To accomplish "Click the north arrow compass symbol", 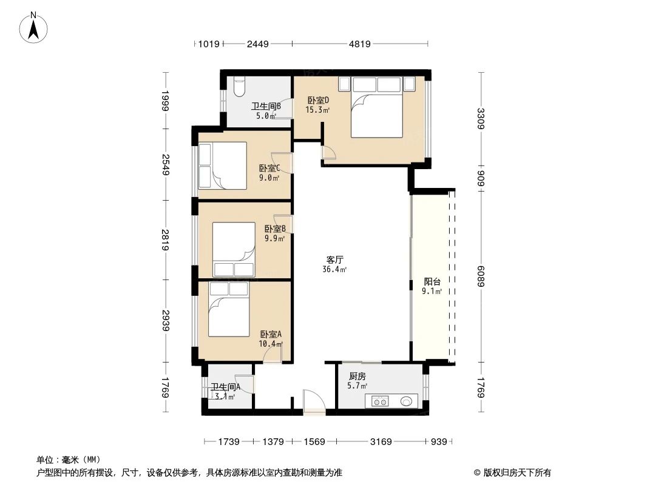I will click(x=35, y=27).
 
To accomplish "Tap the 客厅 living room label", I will click(x=334, y=259).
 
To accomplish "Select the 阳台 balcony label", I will click(x=432, y=281).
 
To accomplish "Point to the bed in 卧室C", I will click(x=222, y=166).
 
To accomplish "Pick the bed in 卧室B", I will click(x=234, y=249).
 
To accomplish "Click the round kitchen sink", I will click(x=407, y=401).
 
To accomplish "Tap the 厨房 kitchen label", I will click(x=357, y=376).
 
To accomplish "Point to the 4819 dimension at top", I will click(x=361, y=44).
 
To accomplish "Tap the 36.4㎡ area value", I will click(x=334, y=269).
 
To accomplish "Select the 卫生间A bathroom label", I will click(x=225, y=387).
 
